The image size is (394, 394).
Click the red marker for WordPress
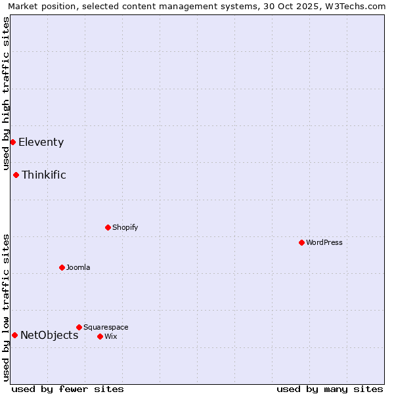tap(301, 242)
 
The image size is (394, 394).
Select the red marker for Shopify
tap(108, 227)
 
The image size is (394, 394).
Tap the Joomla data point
tap(62, 267)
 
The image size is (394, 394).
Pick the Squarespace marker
tap(79, 327)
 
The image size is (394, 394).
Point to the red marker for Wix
tap(100, 336)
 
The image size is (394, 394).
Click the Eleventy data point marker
tap(12, 142)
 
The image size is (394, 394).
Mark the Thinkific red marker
tap(16, 175)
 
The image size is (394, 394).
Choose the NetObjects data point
tap(14, 335)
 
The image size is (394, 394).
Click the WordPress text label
tap(324, 242)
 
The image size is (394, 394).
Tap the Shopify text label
tap(125, 227)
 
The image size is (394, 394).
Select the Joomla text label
tap(78, 267)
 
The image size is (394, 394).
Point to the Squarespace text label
tap(106, 327)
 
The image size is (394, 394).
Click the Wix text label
tap(110, 336)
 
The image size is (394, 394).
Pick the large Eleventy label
tap(41, 142)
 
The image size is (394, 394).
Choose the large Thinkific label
tap(44, 175)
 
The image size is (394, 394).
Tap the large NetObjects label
tap(49, 335)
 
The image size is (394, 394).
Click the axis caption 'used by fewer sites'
tap(68, 389)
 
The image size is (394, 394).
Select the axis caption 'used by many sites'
tap(330, 389)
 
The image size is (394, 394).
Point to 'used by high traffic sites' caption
tap(7, 94)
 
